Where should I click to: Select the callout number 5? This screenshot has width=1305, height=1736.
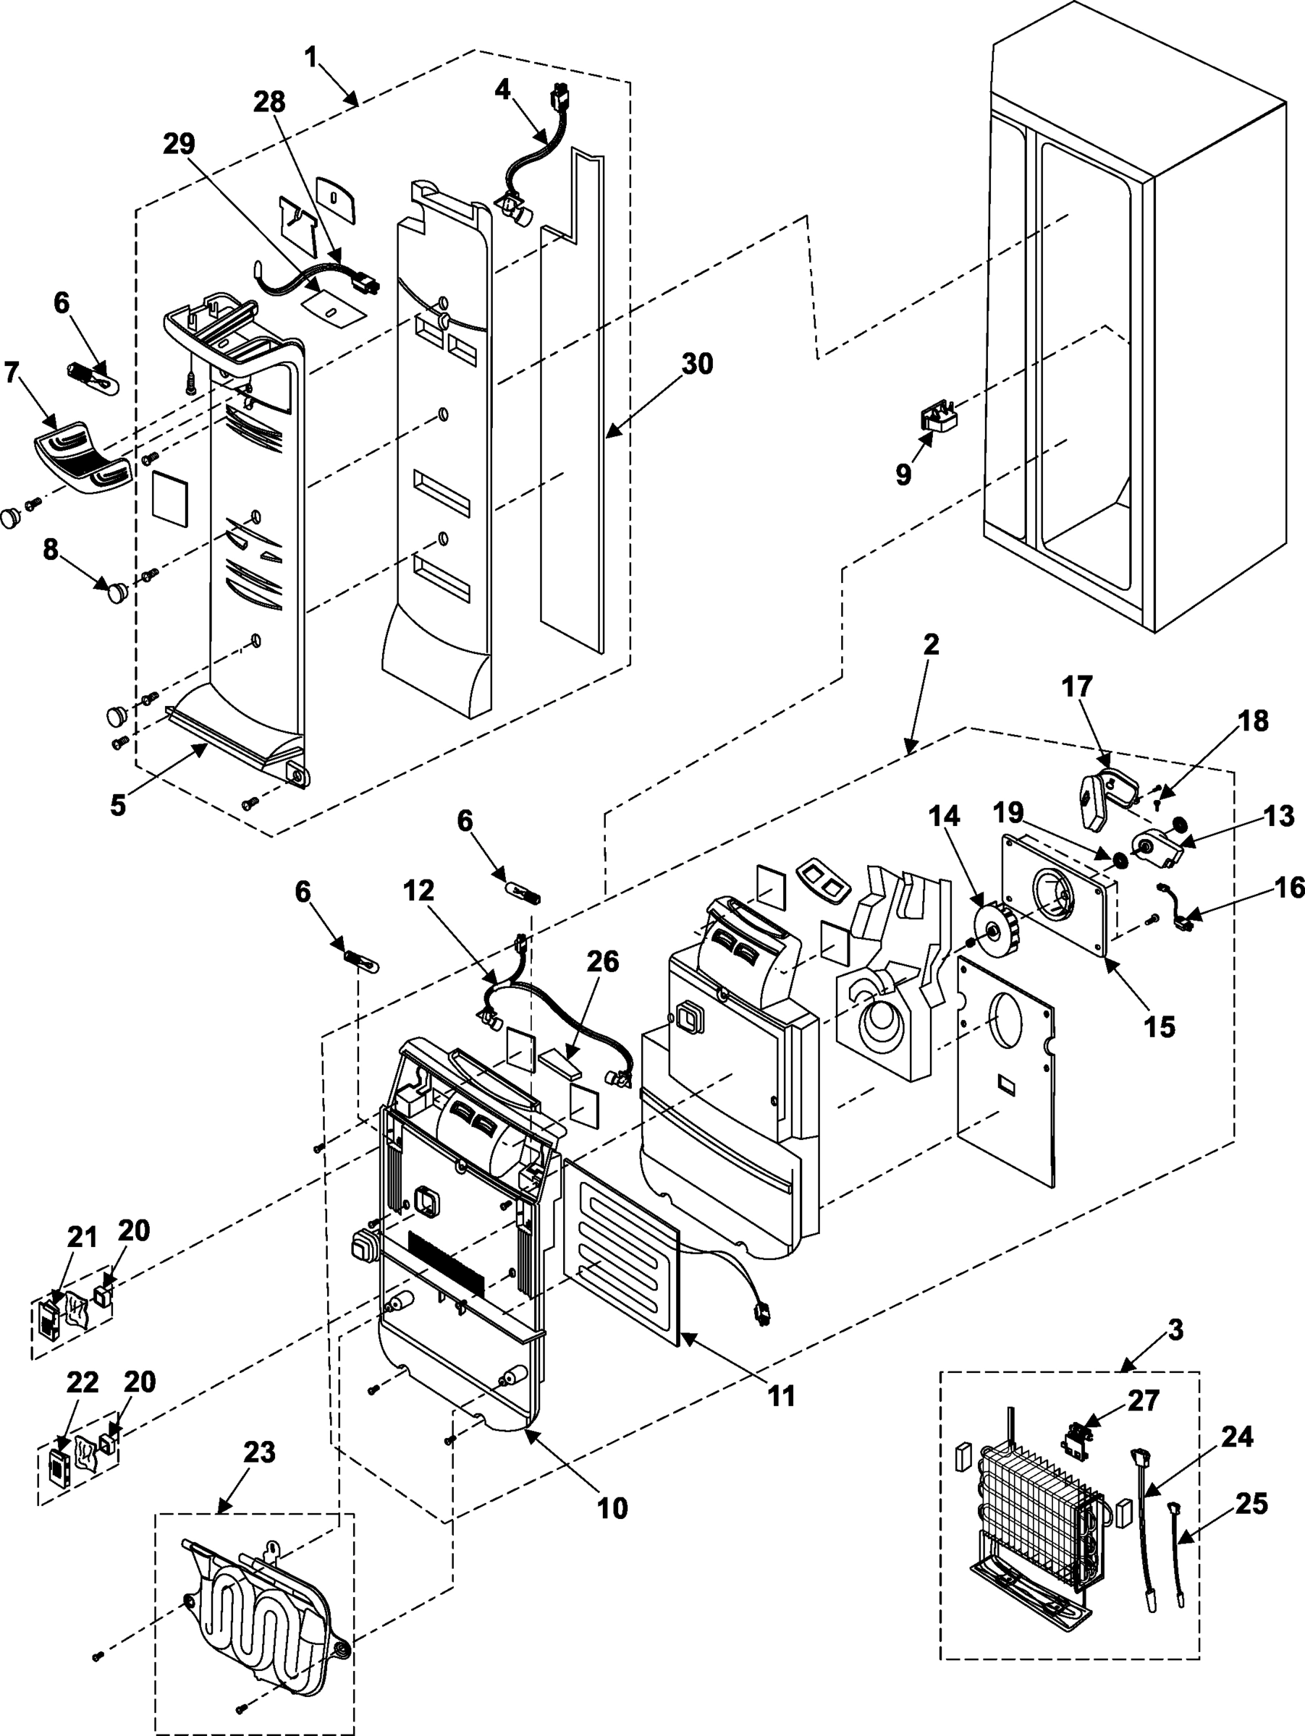117,805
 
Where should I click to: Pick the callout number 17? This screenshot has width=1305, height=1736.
1076,686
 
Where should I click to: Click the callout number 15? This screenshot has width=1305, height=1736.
1159,1026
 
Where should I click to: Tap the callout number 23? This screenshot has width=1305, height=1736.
258,1452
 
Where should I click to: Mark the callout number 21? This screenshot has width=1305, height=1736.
82,1238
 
